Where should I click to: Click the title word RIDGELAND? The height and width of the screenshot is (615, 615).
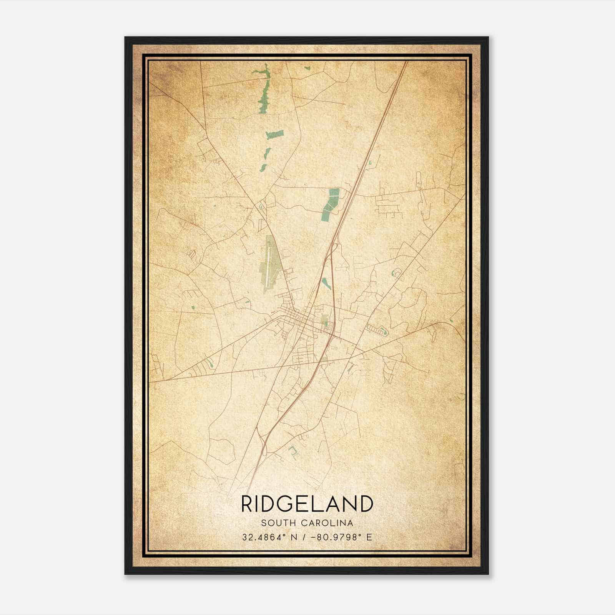(307, 504)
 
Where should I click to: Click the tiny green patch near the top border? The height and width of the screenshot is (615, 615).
(307, 68)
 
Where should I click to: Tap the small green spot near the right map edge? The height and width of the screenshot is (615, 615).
(451, 320)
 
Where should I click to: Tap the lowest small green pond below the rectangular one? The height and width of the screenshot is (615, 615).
(263, 168)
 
